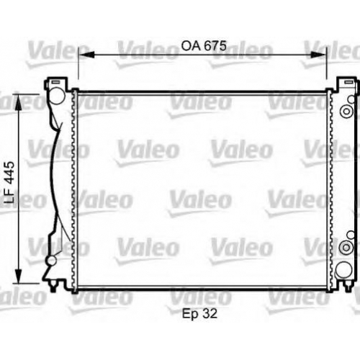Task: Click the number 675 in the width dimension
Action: coord(215,45)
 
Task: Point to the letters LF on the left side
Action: coord(9,196)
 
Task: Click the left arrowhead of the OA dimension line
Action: coord(86,55)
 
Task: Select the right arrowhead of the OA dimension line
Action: coord(318,55)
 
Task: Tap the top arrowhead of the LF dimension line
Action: coord(19,102)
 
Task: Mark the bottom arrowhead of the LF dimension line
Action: coord(19,276)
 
